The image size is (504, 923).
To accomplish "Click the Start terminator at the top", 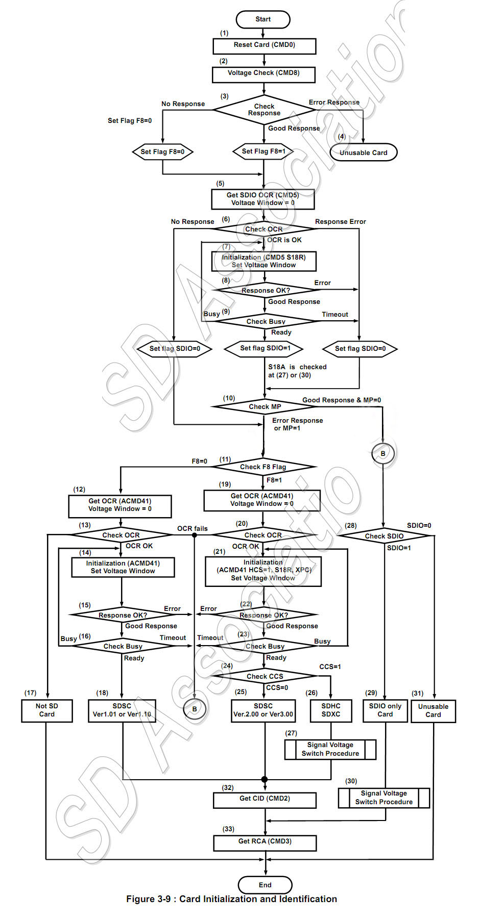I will [x=263, y=19].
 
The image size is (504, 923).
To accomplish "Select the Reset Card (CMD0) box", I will [x=264, y=45].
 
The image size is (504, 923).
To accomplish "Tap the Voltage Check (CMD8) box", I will [x=263, y=73].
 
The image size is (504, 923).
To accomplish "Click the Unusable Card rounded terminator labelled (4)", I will [x=364, y=152].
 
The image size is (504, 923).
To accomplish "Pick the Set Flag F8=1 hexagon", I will [x=263, y=151].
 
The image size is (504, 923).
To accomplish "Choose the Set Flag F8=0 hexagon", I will [x=162, y=152].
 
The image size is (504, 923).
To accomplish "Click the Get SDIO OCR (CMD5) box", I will [x=263, y=199].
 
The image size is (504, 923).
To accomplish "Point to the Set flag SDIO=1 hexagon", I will [x=265, y=348].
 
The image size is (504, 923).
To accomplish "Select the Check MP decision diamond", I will [x=265, y=407].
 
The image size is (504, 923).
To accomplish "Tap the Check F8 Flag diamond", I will [x=263, y=467].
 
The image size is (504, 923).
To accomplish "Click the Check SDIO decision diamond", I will [x=384, y=536].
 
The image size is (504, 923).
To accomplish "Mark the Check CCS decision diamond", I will [x=265, y=676].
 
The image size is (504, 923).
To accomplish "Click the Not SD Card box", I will [x=47, y=710].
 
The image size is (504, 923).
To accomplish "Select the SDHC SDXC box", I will [x=331, y=710].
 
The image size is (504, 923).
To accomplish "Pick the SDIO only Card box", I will [x=385, y=710].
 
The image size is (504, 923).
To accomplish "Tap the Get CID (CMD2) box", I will [x=265, y=799].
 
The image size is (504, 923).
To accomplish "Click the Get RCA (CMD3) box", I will [x=265, y=842].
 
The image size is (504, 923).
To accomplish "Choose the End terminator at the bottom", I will [x=265, y=885].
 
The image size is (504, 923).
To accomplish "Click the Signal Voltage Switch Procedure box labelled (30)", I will [x=384, y=798].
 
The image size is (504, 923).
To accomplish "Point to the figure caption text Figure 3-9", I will [x=231, y=899].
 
